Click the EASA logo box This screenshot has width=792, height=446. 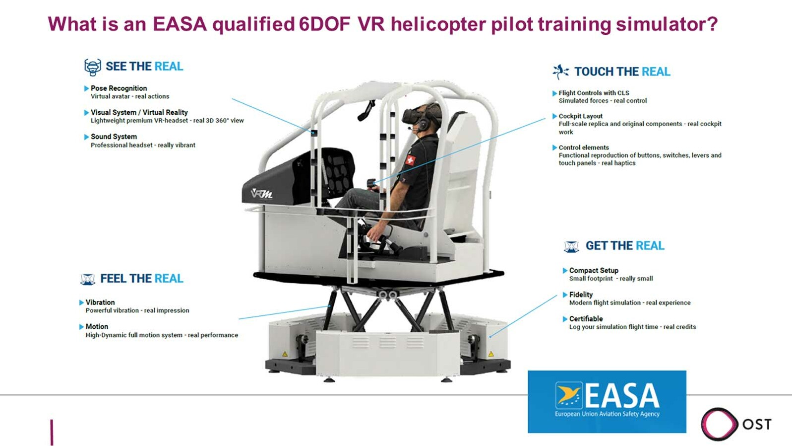pos(607,402)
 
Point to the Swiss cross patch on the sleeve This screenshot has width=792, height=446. pos(410,160)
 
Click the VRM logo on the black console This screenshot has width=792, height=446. pos(262,194)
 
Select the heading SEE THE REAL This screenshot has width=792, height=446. pos(144,66)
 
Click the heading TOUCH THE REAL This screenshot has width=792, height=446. pos(622,72)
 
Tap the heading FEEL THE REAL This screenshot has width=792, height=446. pos(141,279)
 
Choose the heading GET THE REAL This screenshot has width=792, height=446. pos(625,246)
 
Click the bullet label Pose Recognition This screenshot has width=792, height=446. pos(119,88)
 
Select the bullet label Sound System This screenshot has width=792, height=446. pos(114,137)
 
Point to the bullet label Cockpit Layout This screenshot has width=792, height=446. pos(580,116)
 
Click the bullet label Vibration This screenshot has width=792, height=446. pos(100,302)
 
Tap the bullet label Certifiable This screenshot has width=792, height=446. pos(586,318)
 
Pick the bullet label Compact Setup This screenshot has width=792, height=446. pos(594,271)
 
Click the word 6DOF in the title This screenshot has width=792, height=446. pos(324,24)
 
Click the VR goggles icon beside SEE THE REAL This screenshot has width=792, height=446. pos(93,67)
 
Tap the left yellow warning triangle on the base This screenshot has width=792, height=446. pos(285,354)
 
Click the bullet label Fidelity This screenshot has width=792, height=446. pos(581,295)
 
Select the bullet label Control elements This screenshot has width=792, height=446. pos(583,147)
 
